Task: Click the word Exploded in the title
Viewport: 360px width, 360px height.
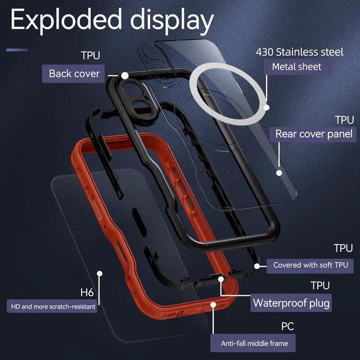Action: [x=65, y=21]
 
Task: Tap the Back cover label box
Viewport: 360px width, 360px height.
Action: [x=74, y=74]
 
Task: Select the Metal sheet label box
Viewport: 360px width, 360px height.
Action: [x=296, y=67]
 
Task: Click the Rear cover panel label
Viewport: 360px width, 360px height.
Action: [x=314, y=134]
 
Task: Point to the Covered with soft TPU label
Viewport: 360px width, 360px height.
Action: [x=309, y=264]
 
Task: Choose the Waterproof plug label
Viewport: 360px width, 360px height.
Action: [x=291, y=303]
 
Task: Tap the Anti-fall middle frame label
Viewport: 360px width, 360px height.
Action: [x=253, y=342]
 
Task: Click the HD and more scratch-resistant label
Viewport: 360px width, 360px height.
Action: [x=52, y=307]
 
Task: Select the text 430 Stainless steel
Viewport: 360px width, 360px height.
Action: [x=299, y=52]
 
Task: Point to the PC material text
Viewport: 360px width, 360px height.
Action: [x=287, y=326]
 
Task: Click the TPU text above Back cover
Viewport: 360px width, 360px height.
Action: [x=91, y=57]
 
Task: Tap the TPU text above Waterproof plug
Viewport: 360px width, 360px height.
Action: [x=321, y=286]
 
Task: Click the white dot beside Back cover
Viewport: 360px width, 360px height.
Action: [x=125, y=74]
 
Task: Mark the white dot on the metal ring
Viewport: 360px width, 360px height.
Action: [x=267, y=106]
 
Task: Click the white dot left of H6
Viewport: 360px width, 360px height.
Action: [x=99, y=274]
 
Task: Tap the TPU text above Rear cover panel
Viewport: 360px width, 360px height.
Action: [x=344, y=120]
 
